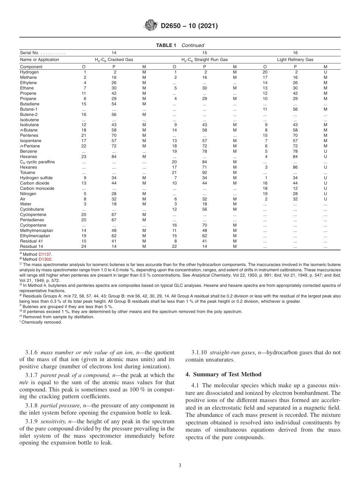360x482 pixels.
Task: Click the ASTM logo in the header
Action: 151,26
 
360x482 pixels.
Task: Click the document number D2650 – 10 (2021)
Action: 189,26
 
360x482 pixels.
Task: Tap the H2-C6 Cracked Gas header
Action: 114,59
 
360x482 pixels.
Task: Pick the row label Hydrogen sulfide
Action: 36,178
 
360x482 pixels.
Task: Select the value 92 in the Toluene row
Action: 205,172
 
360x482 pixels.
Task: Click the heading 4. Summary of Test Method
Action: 223,374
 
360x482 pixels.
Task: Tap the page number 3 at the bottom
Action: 180,466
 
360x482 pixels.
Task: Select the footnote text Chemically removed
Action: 41,322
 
